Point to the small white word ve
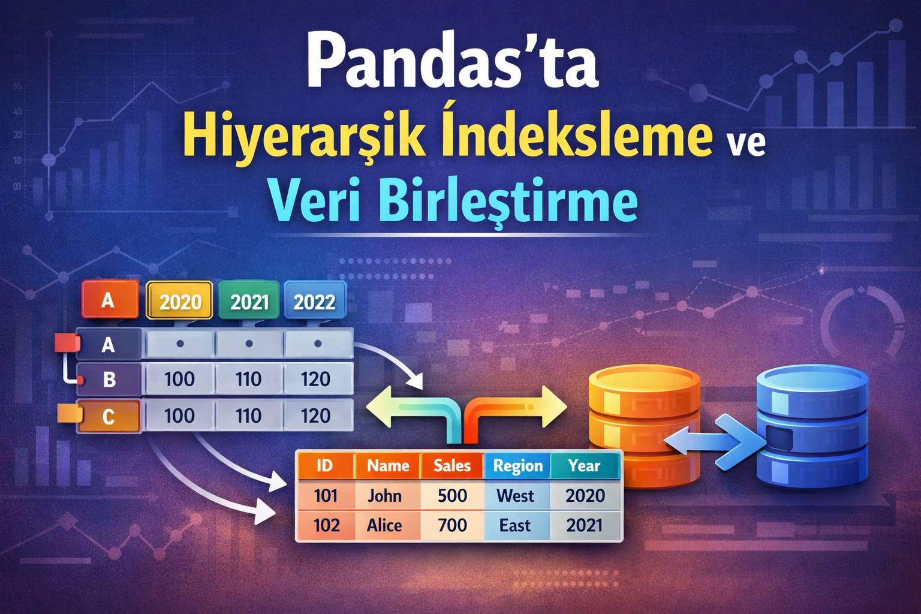pyautogui.click(x=746, y=143)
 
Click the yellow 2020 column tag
pyautogui.click(x=180, y=301)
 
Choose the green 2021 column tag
pyautogui.click(x=249, y=301)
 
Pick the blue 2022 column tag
pyautogui.click(x=314, y=301)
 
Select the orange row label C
pyautogui.click(x=109, y=416)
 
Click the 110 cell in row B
pyautogui.click(x=248, y=379)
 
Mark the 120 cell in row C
pyautogui.click(x=316, y=416)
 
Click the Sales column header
pyautogui.click(x=452, y=466)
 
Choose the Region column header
pyautogui.click(x=517, y=466)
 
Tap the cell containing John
pyautogui.click(x=385, y=496)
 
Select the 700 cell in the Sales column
pyautogui.click(x=452, y=525)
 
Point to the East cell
pyautogui.click(x=515, y=525)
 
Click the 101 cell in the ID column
pyautogui.click(x=326, y=496)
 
